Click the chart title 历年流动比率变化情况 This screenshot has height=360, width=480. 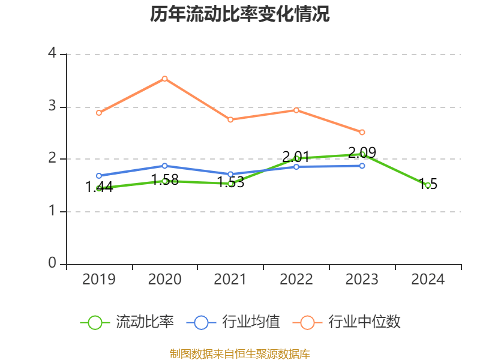tap(240, 14)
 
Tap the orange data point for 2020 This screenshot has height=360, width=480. tap(164, 79)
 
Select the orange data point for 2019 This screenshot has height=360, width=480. tap(99, 113)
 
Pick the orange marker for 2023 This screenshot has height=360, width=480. tap(362, 132)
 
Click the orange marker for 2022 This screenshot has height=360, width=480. tap(296, 110)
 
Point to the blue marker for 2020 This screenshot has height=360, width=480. tap(164, 166)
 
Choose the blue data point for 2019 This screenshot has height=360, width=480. tap(99, 176)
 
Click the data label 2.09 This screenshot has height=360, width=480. tap(362, 152)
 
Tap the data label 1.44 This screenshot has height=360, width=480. tap(99, 187)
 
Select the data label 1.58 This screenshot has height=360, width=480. tap(164, 179)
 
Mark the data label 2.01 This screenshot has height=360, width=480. tap(296, 157)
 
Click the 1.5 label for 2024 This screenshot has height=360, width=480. tap(428, 184)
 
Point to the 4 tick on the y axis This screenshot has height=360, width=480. tap(52, 54)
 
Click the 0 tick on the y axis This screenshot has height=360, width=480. tap(52, 263)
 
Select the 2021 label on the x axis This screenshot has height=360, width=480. tap(230, 280)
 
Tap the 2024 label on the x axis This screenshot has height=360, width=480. tap(428, 280)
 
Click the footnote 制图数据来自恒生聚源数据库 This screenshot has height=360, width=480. tap(240, 353)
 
